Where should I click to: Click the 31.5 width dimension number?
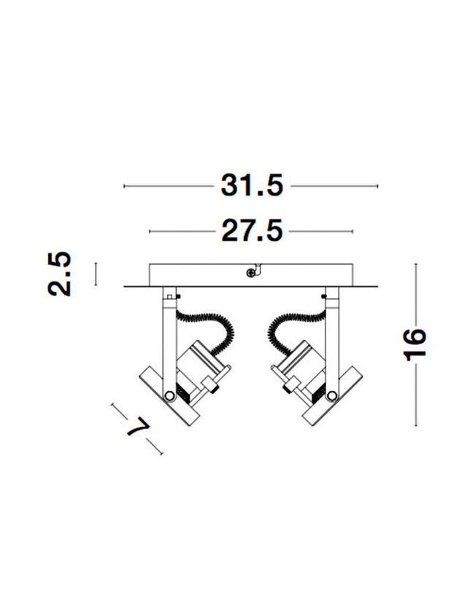click(x=252, y=187)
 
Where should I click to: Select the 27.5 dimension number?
click(x=252, y=231)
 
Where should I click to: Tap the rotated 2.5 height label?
click(x=61, y=274)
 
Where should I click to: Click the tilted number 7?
click(x=137, y=428)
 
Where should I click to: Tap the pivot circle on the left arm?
click(x=169, y=395)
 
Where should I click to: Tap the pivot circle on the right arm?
click(x=333, y=395)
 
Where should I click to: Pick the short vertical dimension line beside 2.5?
click(x=96, y=274)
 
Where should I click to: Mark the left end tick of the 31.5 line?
click(x=125, y=187)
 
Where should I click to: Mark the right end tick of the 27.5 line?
click(x=354, y=231)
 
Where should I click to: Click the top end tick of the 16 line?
click(x=415, y=264)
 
